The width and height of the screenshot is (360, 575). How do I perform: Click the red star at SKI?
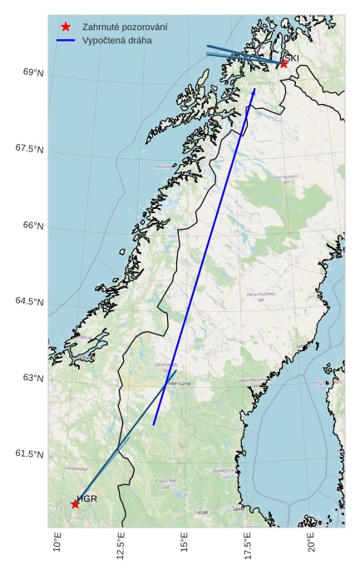click(284, 63)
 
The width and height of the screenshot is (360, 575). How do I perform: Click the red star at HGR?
click(75, 504)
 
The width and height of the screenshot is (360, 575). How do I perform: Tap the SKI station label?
click(292, 57)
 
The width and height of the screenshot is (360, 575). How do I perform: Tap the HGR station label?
click(87, 498)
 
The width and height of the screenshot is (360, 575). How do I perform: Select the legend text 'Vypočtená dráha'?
click(117, 40)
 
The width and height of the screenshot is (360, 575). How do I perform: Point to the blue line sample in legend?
click(66, 40)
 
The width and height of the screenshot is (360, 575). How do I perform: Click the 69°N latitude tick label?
click(33, 73)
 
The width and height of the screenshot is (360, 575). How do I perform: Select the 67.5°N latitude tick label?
click(29, 149)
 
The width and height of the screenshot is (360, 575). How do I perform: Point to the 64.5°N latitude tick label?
click(29, 301)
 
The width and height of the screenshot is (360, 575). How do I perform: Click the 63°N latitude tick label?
click(33, 378)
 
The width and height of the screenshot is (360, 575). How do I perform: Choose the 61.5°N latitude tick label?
click(29, 454)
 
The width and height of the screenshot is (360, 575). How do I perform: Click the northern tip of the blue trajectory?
click(254, 89)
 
